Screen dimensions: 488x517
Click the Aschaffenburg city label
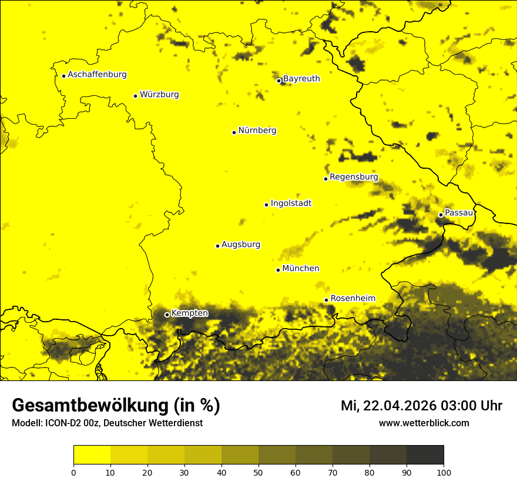pyautogui.click(x=97, y=75)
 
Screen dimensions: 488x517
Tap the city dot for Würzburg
pyautogui.click(x=135, y=96)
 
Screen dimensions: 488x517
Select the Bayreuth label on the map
pyautogui.click(x=301, y=79)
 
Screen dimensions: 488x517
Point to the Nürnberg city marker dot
pyautogui.click(x=234, y=132)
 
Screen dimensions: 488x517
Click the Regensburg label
pyautogui.click(x=354, y=177)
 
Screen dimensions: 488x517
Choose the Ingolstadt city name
pyautogui.click(x=291, y=203)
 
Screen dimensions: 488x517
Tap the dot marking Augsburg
pyautogui.click(x=217, y=246)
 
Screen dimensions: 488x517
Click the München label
pyautogui.click(x=301, y=269)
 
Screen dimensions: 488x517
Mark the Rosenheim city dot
pyautogui.click(x=326, y=300)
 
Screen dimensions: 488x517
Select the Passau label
pyautogui.click(x=459, y=213)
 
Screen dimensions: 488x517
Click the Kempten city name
pyautogui.click(x=189, y=313)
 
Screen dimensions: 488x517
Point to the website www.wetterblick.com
pyautogui.click(x=424, y=423)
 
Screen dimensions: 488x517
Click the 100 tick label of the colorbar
pyautogui.click(x=444, y=472)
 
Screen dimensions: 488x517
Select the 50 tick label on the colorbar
pyautogui.click(x=258, y=472)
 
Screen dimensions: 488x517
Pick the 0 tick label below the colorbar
pyautogui.click(x=73, y=472)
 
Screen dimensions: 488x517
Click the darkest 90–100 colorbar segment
pyautogui.click(x=425, y=455)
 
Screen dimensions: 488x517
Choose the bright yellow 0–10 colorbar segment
pyautogui.click(x=92, y=455)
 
